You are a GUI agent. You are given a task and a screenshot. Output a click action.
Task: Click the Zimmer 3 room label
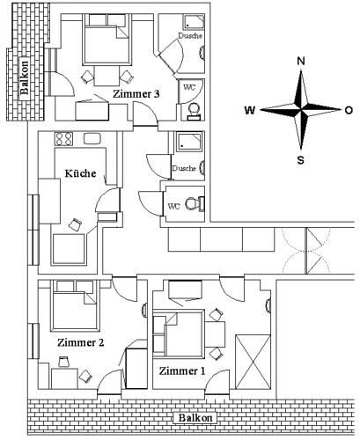[x=136, y=94]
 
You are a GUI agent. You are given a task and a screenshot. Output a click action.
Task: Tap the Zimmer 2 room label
[x=81, y=342]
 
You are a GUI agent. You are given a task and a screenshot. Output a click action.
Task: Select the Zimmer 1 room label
[x=182, y=370]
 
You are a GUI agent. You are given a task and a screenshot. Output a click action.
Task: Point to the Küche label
[x=80, y=173]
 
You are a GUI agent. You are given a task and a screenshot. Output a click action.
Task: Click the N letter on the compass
[x=301, y=61]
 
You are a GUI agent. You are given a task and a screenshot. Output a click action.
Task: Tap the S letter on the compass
[x=301, y=160]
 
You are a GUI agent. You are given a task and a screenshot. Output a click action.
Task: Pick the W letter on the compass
[x=250, y=110]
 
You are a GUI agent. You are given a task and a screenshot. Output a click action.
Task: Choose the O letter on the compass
[x=349, y=110]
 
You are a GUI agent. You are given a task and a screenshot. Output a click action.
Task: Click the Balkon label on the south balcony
[x=195, y=418]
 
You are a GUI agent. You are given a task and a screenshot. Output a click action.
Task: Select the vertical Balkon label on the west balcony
[x=25, y=77]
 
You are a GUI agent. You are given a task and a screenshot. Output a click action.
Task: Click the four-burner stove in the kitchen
[x=63, y=139]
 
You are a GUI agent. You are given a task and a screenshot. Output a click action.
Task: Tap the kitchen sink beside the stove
[x=92, y=138]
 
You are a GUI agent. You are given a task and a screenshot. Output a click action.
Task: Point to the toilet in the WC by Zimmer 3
[x=194, y=111]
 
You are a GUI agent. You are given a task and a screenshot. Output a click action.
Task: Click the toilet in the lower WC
[x=195, y=203]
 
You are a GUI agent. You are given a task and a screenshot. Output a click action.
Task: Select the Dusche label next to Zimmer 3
[x=190, y=35]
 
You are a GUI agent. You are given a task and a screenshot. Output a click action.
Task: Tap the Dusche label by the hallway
[x=184, y=168]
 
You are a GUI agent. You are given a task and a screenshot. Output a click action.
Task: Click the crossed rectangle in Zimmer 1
[x=253, y=362]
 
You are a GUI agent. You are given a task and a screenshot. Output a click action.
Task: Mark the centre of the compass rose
[x=301, y=109]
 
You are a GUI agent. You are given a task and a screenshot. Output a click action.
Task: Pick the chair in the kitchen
[x=76, y=224]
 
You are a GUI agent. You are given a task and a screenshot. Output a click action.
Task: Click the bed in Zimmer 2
[x=74, y=305]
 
